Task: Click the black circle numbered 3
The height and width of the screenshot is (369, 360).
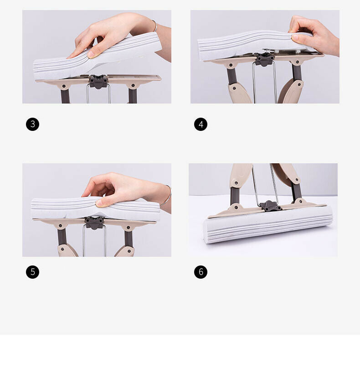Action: pyautogui.click(x=33, y=124)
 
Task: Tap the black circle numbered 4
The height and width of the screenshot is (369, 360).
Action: pyautogui.click(x=201, y=124)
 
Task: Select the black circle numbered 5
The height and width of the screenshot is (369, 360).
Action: pyautogui.click(x=33, y=272)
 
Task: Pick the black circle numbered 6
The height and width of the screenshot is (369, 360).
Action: pyautogui.click(x=201, y=272)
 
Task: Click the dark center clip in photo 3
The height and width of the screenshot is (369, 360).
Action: pyautogui.click(x=98, y=82)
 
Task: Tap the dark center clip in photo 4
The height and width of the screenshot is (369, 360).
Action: pyautogui.click(x=265, y=59)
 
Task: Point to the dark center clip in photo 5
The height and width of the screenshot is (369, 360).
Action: pyautogui.click(x=94, y=223)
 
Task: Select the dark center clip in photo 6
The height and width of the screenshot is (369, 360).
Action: pyautogui.click(x=270, y=206)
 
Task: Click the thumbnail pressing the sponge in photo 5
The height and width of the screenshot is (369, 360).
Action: pyautogui.click(x=100, y=203)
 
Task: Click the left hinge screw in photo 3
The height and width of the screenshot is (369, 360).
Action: pyautogui.click(x=64, y=86)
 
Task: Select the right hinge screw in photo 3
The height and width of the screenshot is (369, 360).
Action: pyautogui.click(x=133, y=85)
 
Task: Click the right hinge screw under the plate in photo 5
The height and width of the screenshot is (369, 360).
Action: pyautogui.click(x=129, y=228)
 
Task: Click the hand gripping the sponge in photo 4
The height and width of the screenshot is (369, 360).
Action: pyautogui.click(x=314, y=35)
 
